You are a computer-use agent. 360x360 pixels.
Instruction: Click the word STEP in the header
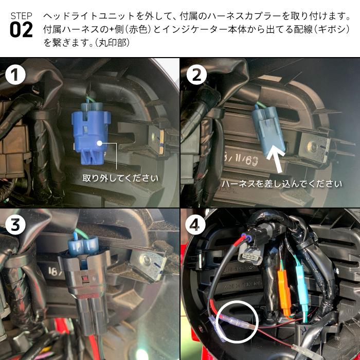(x=21, y=15)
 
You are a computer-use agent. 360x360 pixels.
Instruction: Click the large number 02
(x=21, y=30)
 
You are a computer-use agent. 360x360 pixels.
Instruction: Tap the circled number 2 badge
(x=196, y=76)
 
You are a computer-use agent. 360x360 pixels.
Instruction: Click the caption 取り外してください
(x=120, y=178)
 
